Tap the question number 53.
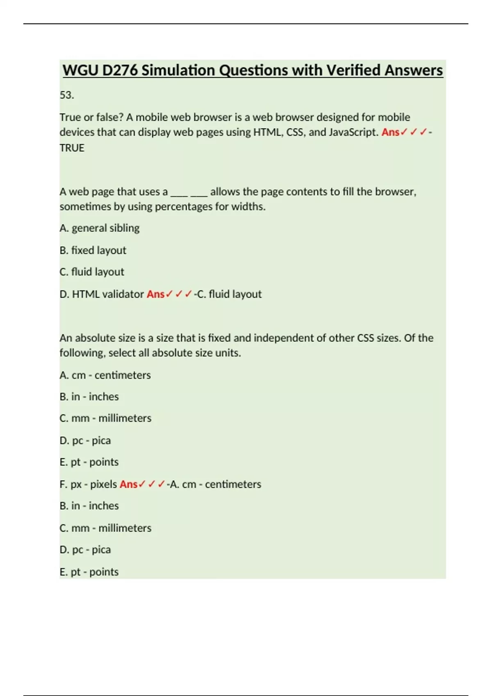point(67,95)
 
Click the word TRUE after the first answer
point(72,148)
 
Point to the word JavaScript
point(353,132)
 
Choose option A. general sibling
point(100,228)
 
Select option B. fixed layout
point(93,250)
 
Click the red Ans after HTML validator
point(155,294)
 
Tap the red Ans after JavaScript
point(390,132)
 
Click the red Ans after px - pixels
point(128,484)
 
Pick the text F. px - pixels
point(88,484)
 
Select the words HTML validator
point(108,294)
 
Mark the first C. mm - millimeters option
point(105,418)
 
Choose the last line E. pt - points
point(89,572)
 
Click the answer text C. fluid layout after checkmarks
point(229,294)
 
